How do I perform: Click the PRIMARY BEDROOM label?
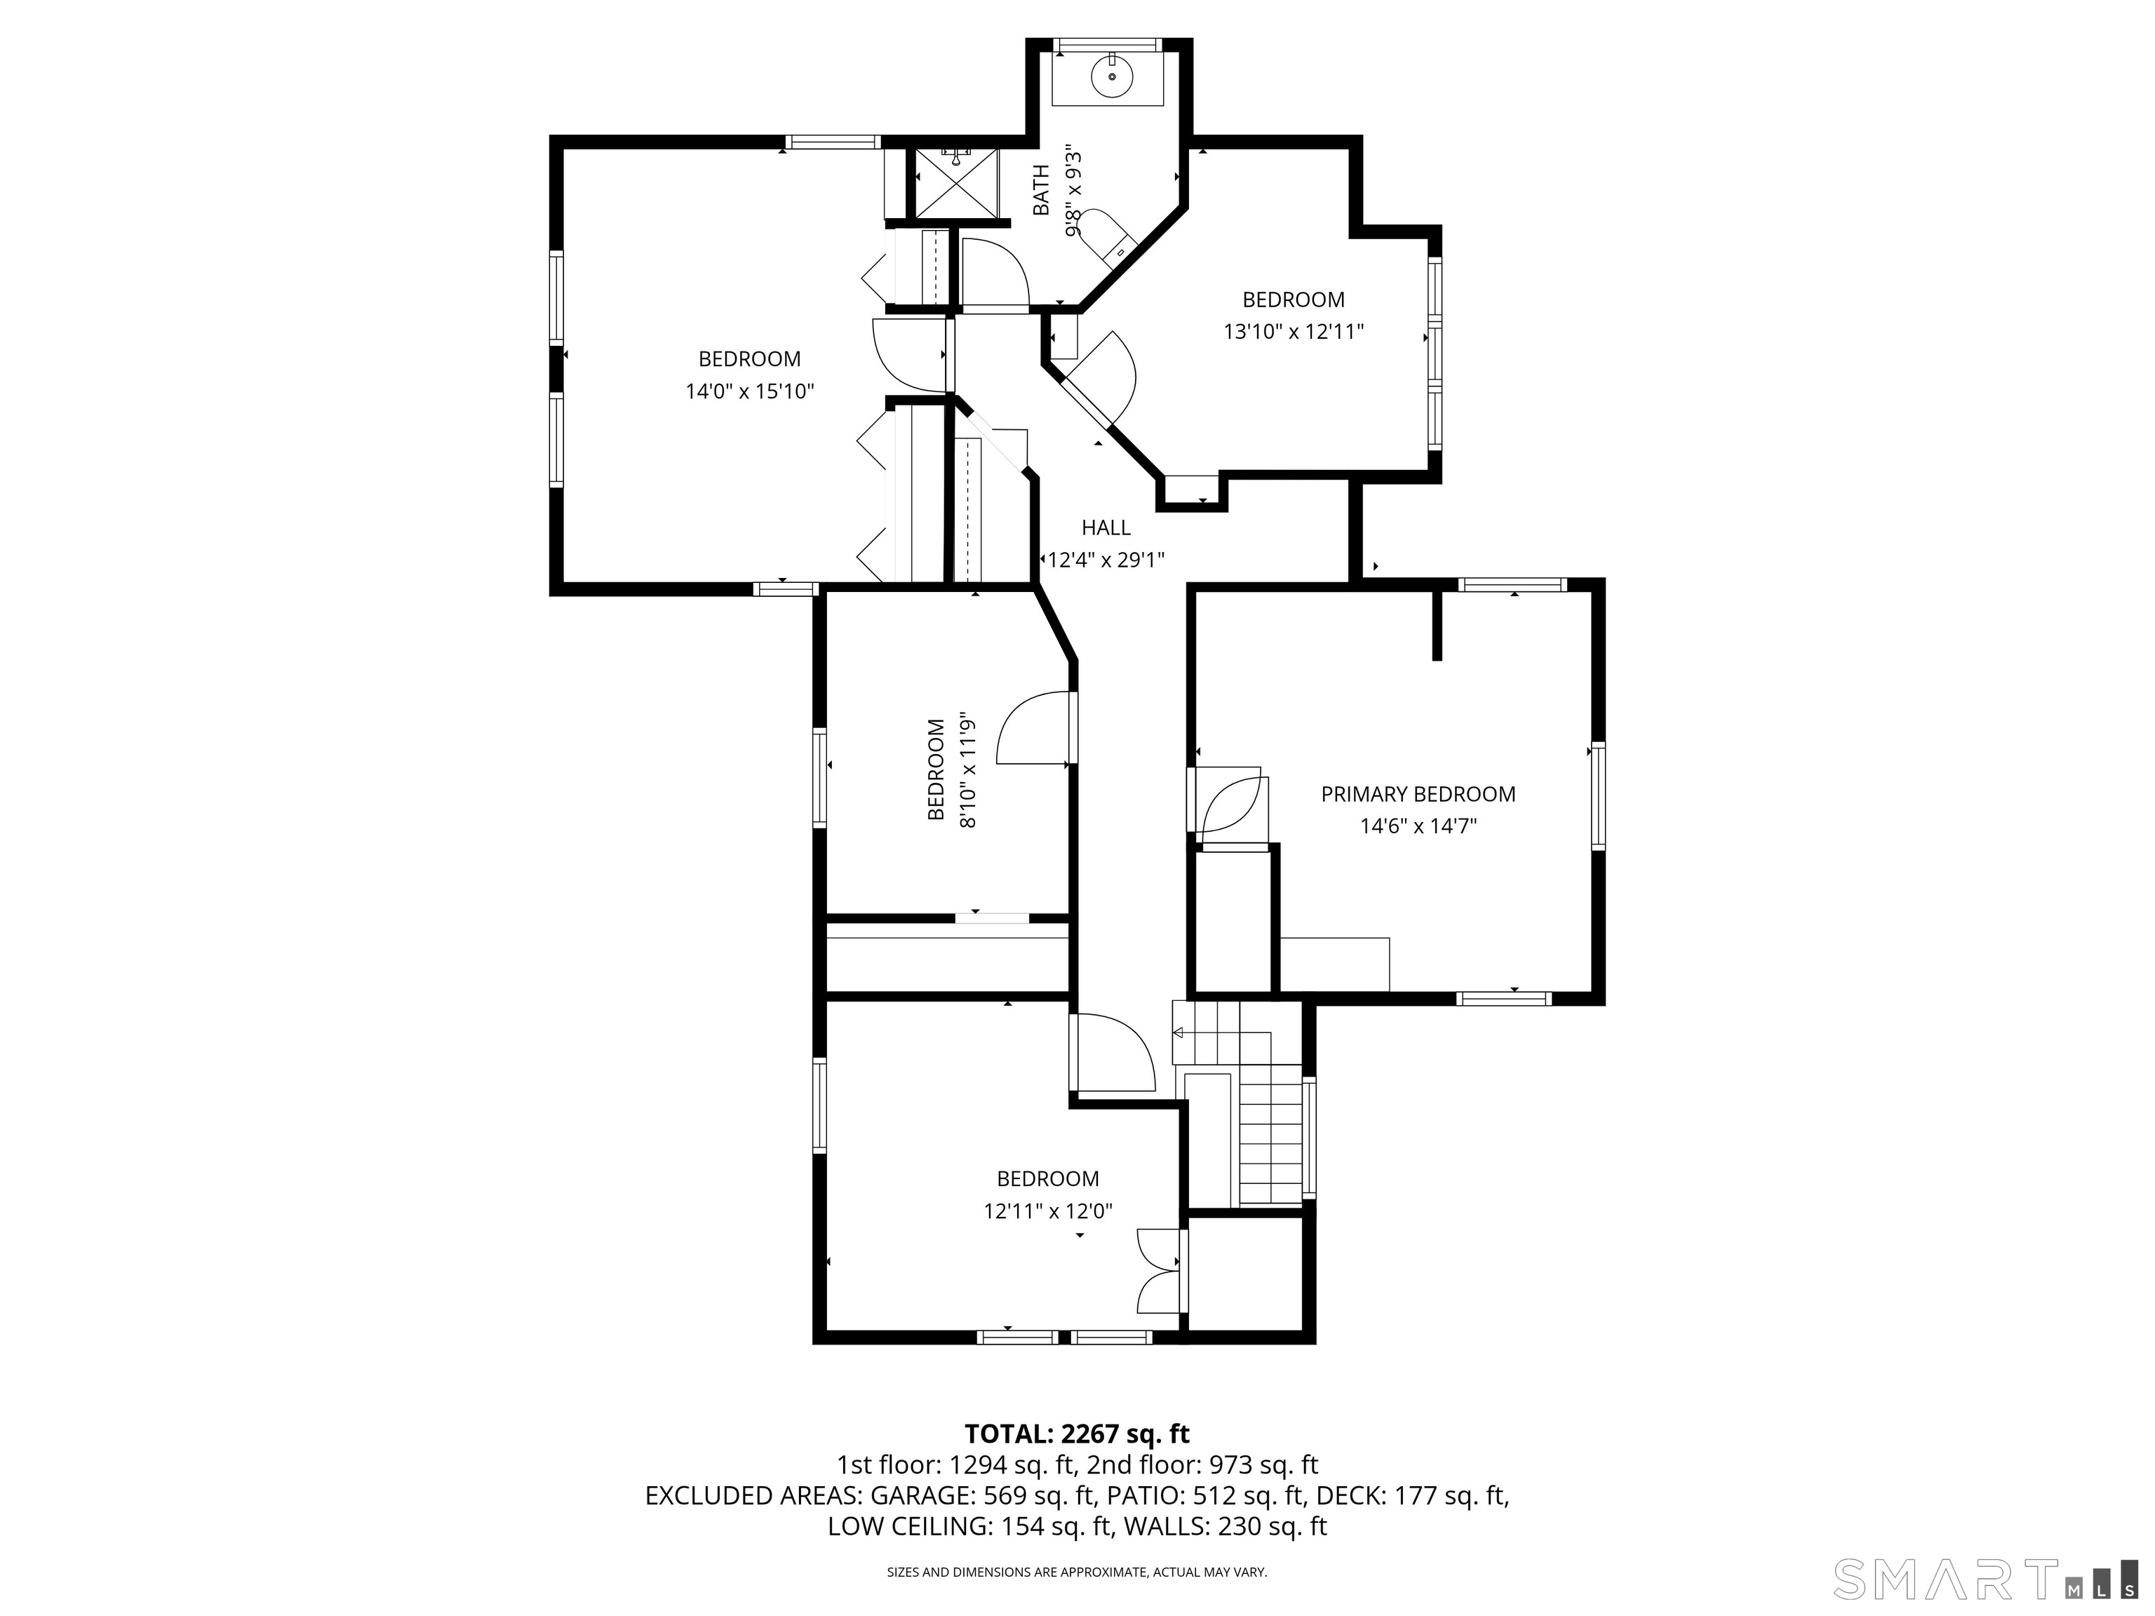(1418, 794)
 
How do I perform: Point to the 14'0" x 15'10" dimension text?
(749, 391)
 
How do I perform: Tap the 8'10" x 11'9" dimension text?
(967, 771)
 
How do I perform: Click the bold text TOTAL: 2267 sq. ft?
(1077, 1433)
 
